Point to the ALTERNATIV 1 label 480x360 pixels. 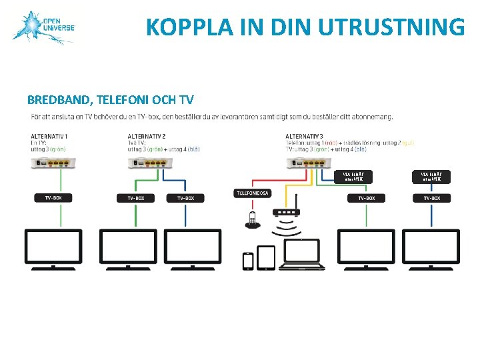tap(49, 137)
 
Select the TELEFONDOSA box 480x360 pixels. tap(252, 193)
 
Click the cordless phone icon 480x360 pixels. tap(252, 220)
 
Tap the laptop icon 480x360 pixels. tap(301, 255)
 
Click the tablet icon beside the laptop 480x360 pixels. tap(266, 258)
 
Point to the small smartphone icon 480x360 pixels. tap(248, 261)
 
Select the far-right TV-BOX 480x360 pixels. tap(431, 198)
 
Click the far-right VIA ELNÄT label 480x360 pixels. tap(431, 176)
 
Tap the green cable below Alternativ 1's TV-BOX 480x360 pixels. tap(61, 215)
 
